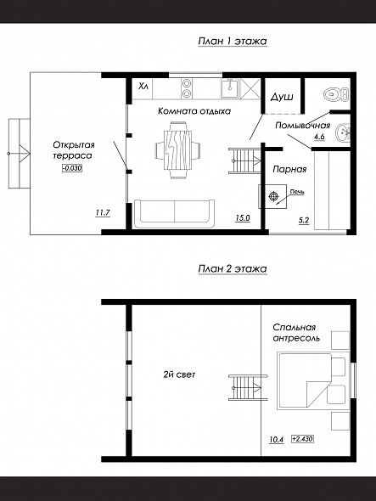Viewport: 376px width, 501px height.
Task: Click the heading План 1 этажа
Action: coord(233,42)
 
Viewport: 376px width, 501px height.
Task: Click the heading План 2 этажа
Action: coord(233,268)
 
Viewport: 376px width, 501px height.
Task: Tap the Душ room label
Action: coord(282,97)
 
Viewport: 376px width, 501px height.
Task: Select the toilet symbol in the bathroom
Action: coord(336,94)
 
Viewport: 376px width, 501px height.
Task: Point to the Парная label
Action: coord(289,169)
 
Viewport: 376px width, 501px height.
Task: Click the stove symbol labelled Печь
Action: coord(273,196)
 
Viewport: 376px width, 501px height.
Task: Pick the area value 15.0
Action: coord(243,218)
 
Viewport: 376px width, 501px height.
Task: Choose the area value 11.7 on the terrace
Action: coord(103,212)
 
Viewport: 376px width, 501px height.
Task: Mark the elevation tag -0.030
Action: coord(72,168)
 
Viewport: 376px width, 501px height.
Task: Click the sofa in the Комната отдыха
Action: coord(174,214)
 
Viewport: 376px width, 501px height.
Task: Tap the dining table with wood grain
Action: coord(177,149)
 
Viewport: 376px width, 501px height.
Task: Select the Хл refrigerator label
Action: coord(143,87)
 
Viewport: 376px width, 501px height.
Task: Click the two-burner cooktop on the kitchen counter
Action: coord(187,88)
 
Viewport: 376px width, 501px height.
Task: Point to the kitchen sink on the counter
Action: coord(230,88)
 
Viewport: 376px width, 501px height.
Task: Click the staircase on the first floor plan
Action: coord(245,160)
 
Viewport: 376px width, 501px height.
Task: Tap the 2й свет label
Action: coord(179,374)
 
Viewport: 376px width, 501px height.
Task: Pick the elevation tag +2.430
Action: coord(302,439)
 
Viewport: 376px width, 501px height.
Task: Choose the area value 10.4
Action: coord(277,440)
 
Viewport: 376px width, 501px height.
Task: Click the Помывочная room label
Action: coord(302,126)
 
